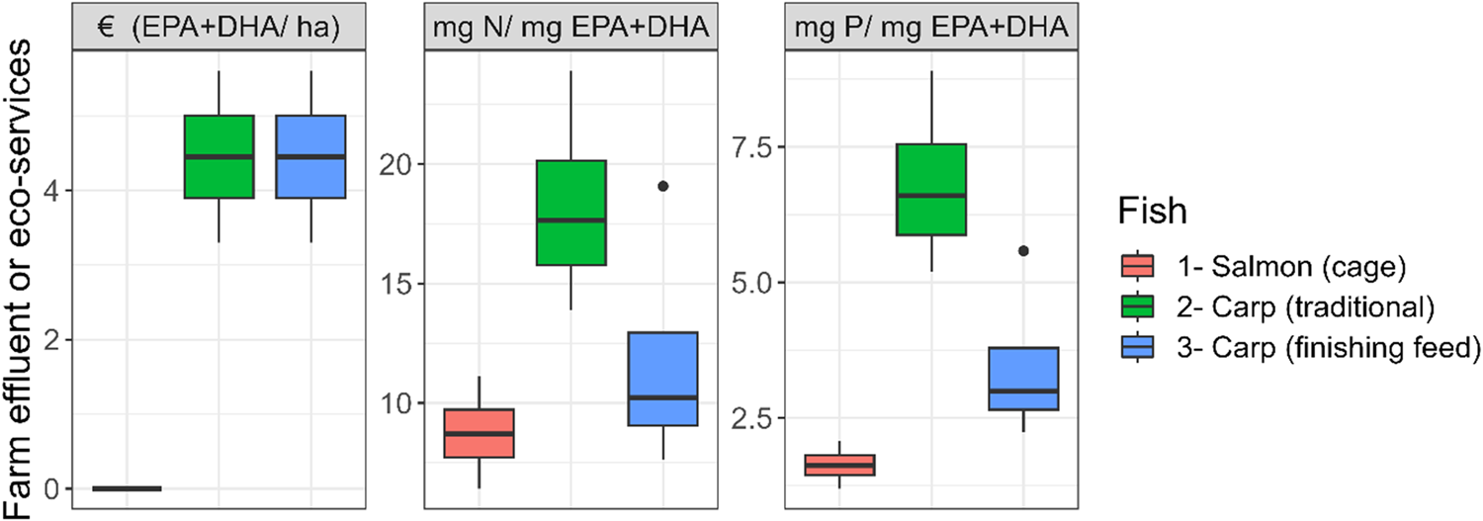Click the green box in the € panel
tap(219, 156)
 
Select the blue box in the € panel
tap(310, 156)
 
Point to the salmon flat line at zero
tap(127, 488)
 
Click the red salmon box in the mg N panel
tap(479, 432)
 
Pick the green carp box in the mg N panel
tap(570, 213)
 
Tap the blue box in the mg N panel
tap(662, 379)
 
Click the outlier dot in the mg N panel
tap(662, 186)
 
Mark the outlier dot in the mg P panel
tap(1023, 251)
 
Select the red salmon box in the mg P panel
tap(839, 465)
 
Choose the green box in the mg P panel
tap(931, 190)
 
